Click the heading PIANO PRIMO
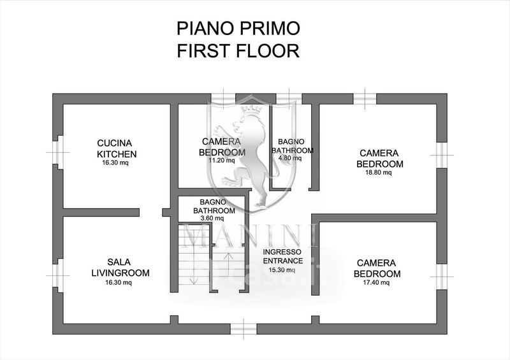(238, 28)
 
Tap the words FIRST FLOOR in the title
(238, 51)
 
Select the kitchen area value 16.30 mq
(115, 162)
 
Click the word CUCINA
(115, 143)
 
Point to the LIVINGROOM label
(120, 273)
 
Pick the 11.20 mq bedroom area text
(221, 160)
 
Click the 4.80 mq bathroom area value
(290, 158)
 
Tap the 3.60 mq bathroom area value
(212, 218)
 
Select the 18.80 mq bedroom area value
(379, 173)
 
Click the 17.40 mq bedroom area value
(376, 283)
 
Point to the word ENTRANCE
(283, 261)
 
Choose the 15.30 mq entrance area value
(282, 270)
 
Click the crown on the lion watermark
(252, 109)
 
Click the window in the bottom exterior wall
(244, 329)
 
